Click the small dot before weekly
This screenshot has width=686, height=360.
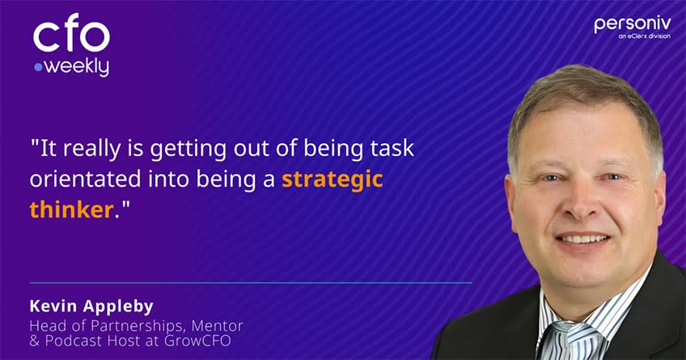38,68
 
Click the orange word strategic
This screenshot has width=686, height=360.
332,179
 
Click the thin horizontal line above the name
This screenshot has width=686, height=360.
251,282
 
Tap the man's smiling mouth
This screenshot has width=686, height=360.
583,239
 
